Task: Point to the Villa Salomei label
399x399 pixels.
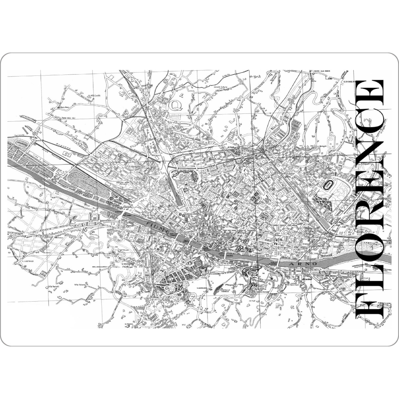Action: coord(80,284)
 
